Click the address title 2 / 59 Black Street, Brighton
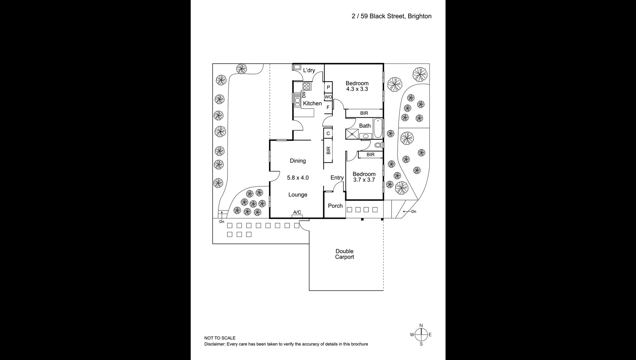[391, 16]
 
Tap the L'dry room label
[309, 70]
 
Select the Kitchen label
[312, 103]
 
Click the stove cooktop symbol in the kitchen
[306, 86]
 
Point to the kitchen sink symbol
[297, 100]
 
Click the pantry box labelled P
[328, 87]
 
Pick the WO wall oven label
[328, 97]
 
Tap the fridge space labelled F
[328, 107]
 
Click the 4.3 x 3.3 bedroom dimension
[357, 89]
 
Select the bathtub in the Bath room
[378, 128]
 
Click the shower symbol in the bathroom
[352, 134]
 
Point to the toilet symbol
[378, 145]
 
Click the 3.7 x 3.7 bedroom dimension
[364, 180]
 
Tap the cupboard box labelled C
[328, 133]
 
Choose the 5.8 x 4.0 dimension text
[298, 178]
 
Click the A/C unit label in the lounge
[297, 212]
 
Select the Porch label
[335, 206]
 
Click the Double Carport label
[345, 254]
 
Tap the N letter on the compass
[421, 326]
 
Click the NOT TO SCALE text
[220, 338]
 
